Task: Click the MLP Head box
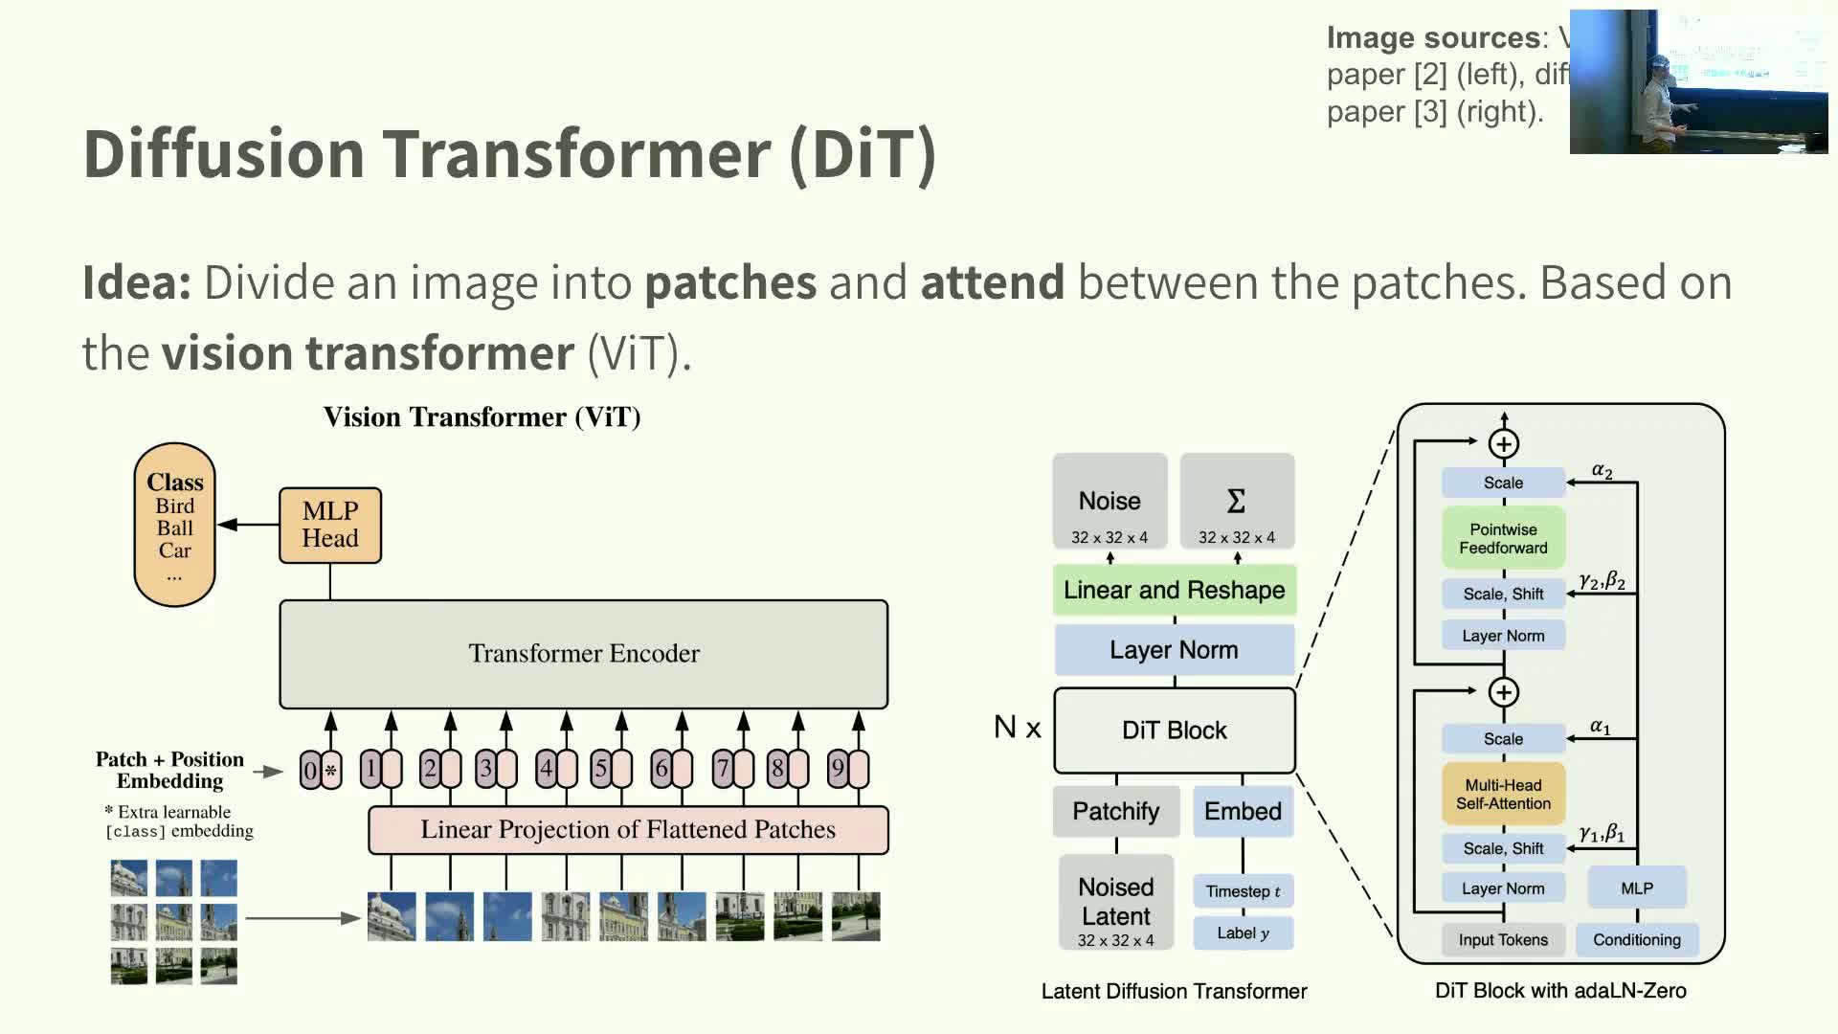pyautogui.click(x=330, y=525)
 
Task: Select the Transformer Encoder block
pyautogui.click(x=583, y=654)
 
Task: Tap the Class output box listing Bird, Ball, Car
pyautogui.click(x=174, y=525)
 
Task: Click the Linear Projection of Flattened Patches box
pyautogui.click(x=628, y=829)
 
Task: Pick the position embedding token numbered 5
pyautogui.click(x=601, y=768)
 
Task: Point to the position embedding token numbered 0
pyautogui.click(x=309, y=770)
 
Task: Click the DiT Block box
pyautogui.click(x=1174, y=731)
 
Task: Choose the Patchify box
pyautogui.click(x=1115, y=811)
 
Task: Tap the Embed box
pyautogui.click(x=1243, y=811)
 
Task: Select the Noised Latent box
pyautogui.click(x=1115, y=903)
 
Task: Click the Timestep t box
pyautogui.click(x=1243, y=891)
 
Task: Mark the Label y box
pyautogui.click(x=1243, y=933)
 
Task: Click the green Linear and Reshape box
pyautogui.click(x=1174, y=590)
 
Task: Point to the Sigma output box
pyautogui.click(x=1237, y=502)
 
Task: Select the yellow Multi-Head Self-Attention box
pyautogui.click(x=1503, y=794)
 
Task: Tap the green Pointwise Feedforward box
pyautogui.click(x=1503, y=538)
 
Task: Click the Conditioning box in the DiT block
pyautogui.click(x=1636, y=940)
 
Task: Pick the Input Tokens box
pyautogui.click(x=1503, y=940)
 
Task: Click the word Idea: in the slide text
pyautogui.click(x=137, y=282)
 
